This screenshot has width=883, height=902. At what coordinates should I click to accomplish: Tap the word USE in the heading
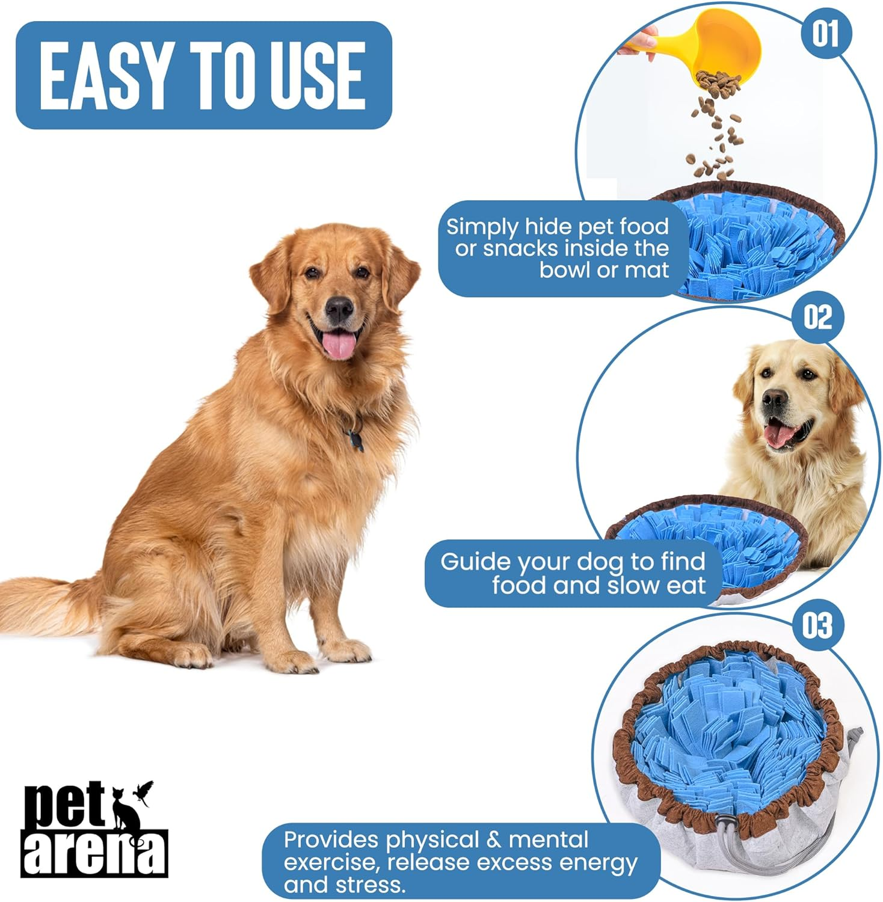316,76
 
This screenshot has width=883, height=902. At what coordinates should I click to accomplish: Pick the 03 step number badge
817,625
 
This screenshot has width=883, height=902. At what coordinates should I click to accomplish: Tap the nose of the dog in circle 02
775,398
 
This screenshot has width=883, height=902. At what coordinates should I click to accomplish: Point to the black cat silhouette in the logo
126,809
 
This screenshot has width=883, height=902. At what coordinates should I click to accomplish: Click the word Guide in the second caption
475,562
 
